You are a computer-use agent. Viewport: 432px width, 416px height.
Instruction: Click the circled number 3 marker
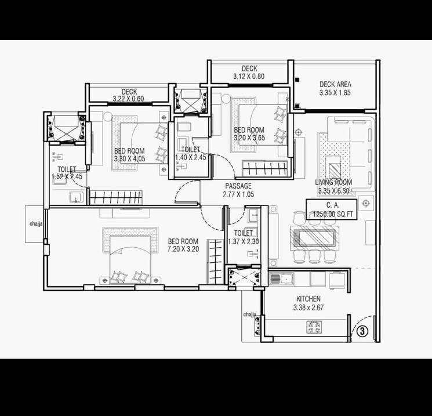(x=362, y=331)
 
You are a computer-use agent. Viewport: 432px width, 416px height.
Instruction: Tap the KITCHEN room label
(x=307, y=299)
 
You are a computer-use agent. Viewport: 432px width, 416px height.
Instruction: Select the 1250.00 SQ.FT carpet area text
(x=333, y=214)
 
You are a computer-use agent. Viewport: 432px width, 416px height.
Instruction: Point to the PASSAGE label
(x=238, y=186)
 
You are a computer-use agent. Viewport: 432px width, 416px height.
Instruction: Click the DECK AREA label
(x=335, y=84)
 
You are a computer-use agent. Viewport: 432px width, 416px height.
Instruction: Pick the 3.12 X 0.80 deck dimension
(x=249, y=76)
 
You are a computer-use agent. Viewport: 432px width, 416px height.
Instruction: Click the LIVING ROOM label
(x=333, y=182)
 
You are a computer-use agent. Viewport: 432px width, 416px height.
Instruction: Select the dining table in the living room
(x=313, y=238)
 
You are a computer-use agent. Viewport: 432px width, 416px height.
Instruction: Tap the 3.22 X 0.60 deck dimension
(x=129, y=99)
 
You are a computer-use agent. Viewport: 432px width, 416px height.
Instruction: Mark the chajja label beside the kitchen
(x=250, y=314)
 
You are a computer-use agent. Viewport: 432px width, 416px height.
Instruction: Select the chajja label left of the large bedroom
(x=35, y=223)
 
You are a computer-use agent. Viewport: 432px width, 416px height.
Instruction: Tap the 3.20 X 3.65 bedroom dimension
(x=249, y=138)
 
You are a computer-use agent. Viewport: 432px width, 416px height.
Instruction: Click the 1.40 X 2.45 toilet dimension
(x=191, y=157)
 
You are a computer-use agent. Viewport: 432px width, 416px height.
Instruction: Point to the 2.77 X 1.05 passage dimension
(x=238, y=194)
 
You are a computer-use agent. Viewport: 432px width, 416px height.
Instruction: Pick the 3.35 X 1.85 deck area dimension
(x=335, y=92)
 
